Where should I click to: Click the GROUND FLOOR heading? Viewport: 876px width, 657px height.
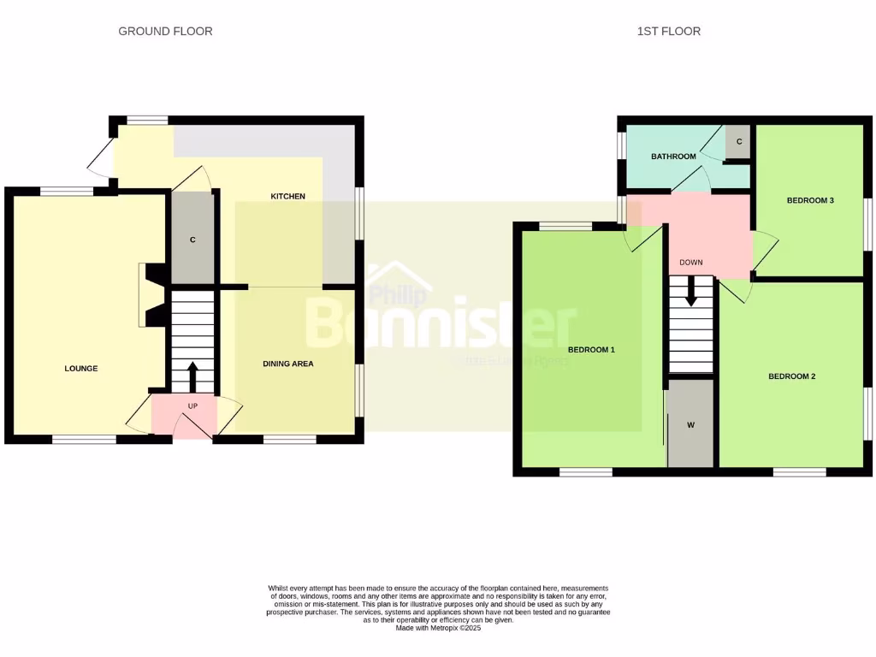coord(165,31)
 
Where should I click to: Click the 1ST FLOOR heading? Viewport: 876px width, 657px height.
coord(668,31)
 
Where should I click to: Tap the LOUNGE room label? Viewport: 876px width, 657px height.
coord(81,369)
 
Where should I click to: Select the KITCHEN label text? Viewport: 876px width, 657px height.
coord(287,197)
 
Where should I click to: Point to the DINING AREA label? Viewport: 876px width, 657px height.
coord(287,364)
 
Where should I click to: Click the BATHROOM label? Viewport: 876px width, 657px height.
coord(673,157)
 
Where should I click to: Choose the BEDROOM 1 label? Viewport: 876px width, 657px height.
coord(591,350)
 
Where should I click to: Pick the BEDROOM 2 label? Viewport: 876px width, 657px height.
coord(791,376)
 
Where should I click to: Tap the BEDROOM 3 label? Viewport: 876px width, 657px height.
coord(809,200)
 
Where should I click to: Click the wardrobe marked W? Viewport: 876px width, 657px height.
coord(690,424)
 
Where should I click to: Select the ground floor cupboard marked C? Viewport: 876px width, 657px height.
coord(192,240)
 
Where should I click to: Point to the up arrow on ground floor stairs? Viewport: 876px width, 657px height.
coord(192,376)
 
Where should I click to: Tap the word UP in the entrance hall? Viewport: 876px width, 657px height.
coord(192,405)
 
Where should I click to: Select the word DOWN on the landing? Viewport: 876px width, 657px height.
coord(690,263)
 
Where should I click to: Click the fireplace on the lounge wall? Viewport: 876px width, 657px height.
coord(151,294)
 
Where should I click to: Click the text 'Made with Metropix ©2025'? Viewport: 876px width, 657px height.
coord(438,628)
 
